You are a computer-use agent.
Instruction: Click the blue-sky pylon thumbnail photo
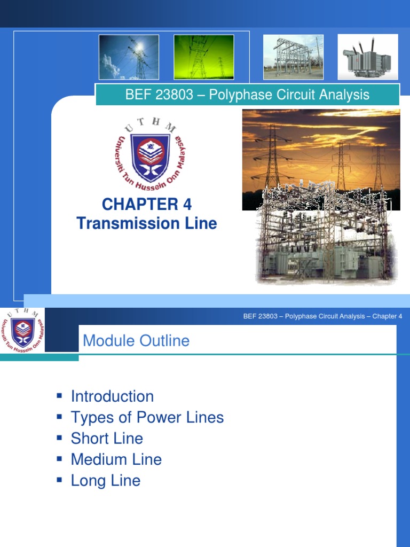[x=129, y=57]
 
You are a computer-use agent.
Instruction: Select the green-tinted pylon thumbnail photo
[x=203, y=57]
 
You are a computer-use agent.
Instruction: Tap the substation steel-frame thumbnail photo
[x=293, y=57]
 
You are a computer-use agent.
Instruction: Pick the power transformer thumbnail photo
[x=368, y=57]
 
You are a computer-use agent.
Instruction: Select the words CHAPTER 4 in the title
[x=146, y=204]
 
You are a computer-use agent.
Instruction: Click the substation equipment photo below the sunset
[x=326, y=246]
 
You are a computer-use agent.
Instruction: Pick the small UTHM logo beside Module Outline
[x=22, y=330]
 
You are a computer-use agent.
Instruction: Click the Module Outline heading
[x=136, y=341]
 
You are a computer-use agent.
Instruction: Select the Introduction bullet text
[x=112, y=396]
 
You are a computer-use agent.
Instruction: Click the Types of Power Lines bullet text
[x=147, y=417]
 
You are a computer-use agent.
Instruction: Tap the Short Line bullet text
[x=107, y=439]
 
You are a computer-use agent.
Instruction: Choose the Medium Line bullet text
[x=116, y=459]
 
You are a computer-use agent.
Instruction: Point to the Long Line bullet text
[x=106, y=480]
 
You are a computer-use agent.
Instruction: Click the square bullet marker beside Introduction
[x=59, y=396]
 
